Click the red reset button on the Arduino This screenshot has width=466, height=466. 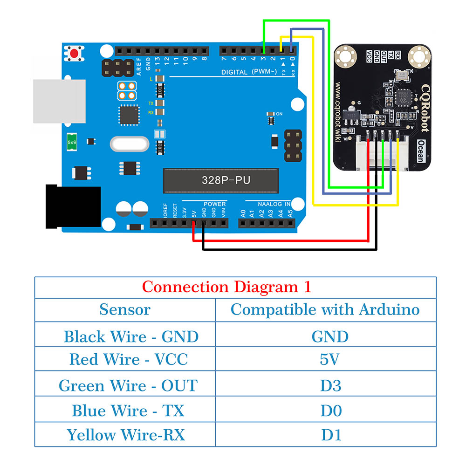coord(74,54)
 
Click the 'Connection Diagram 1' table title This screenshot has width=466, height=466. coord(226,287)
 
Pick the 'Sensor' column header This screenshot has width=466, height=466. coord(125,309)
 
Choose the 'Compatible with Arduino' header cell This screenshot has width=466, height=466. coord(325,309)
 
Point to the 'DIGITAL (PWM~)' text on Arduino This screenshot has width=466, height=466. coord(249,71)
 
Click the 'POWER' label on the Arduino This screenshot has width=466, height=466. coord(214,204)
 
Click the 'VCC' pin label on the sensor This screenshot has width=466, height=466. coord(369,56)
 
